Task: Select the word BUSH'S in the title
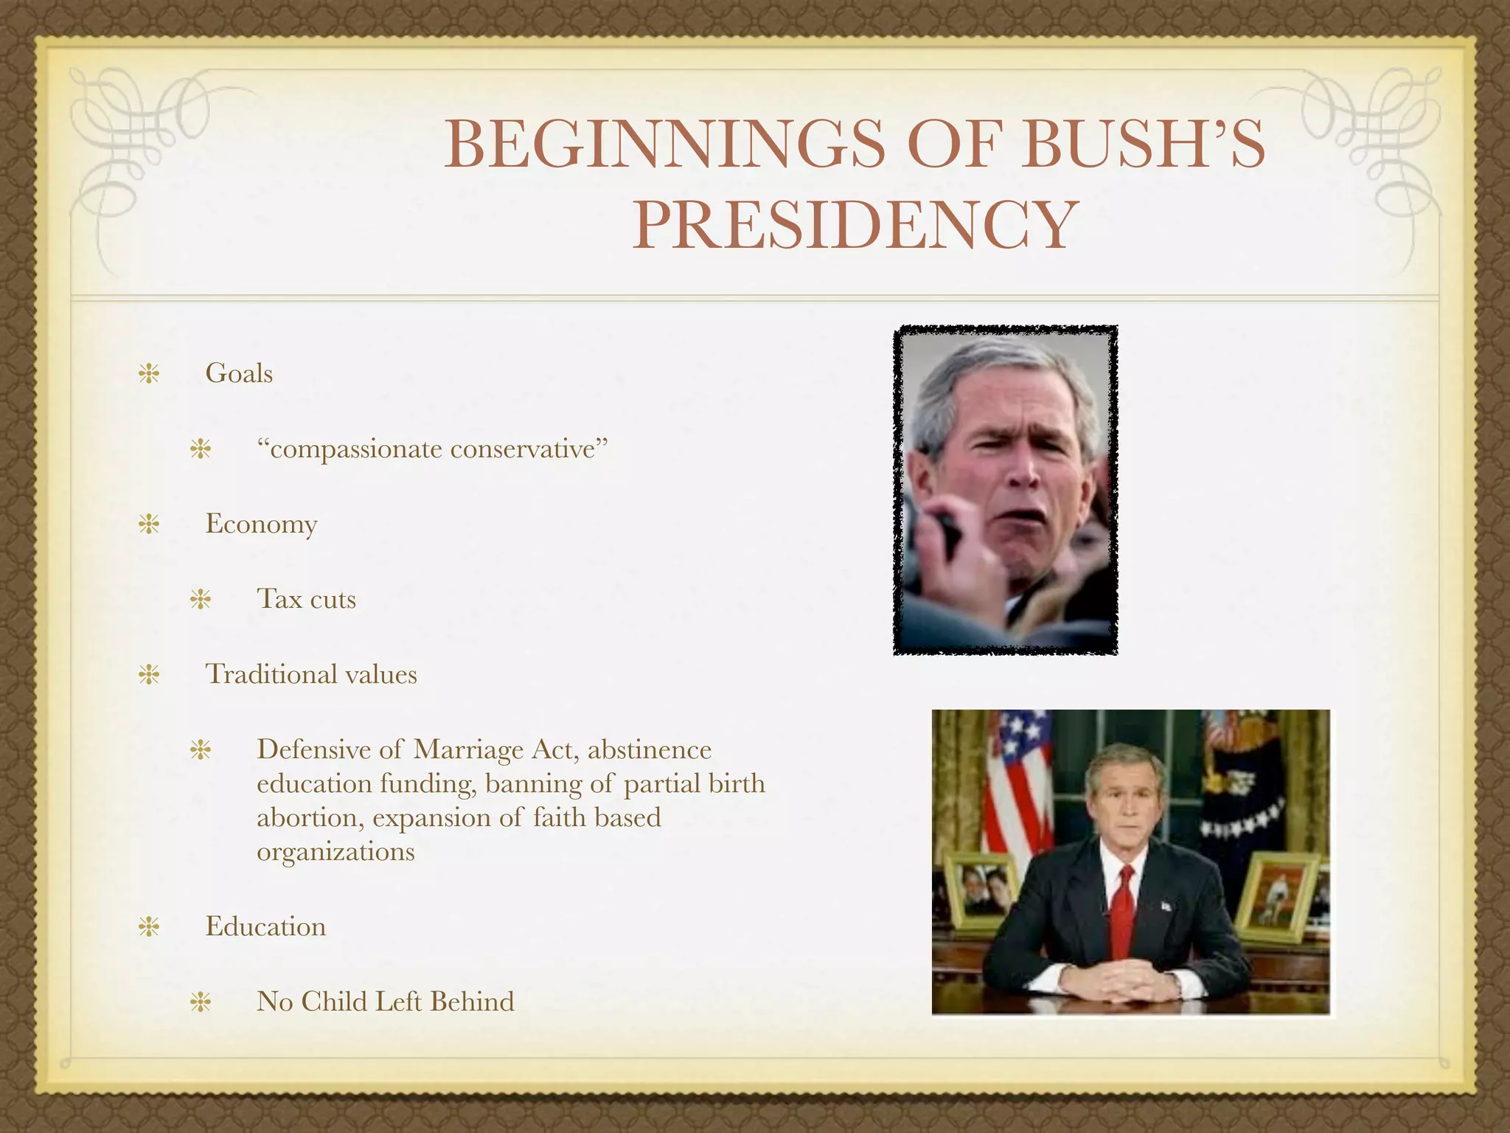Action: (x=1144, y=144)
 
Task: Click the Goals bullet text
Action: (x=239, y=373)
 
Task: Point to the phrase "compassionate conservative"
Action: (x=432, y=448)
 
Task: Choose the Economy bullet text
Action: (x=261, y=524)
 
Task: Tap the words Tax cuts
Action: (x=306, y=599)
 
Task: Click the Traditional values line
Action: (x=310, y=674)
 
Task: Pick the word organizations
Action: (x=335, y=851)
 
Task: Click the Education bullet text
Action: (x=265, y=926)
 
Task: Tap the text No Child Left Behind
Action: (x=385, y=1002)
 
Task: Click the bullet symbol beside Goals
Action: (x=149, y=374)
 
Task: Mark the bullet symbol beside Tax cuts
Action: (x=201, y=600)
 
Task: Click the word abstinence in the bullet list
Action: (x=650, y=749)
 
